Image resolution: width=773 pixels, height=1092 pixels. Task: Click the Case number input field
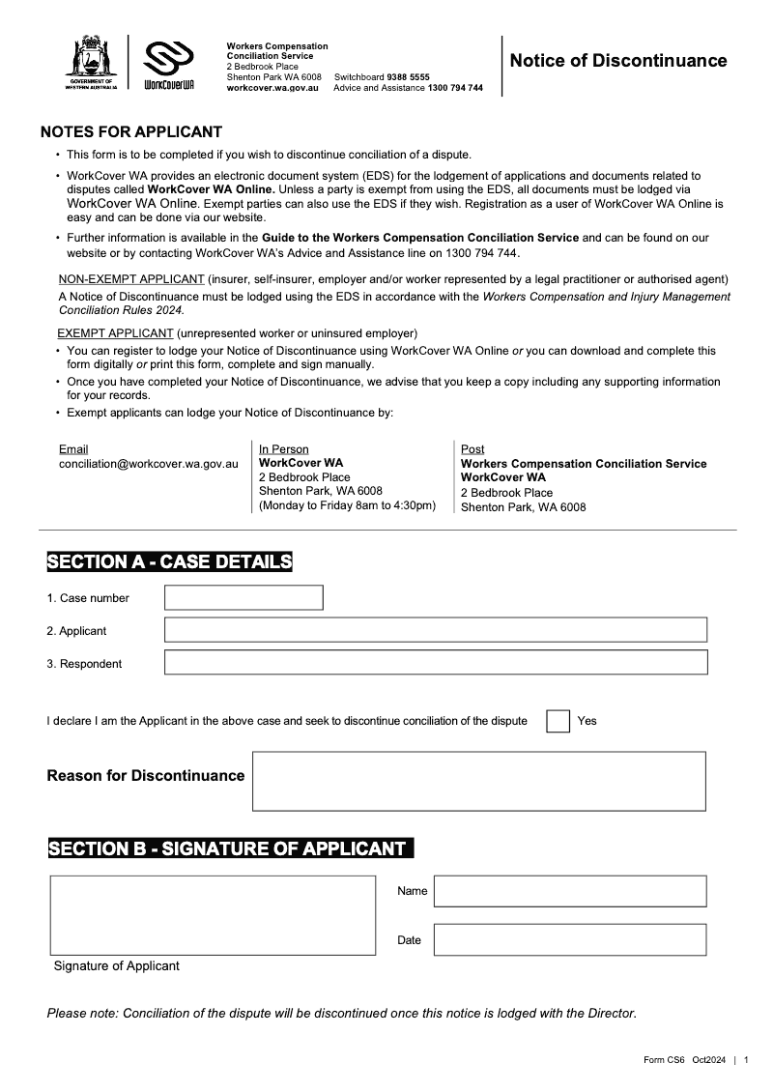[243, 597]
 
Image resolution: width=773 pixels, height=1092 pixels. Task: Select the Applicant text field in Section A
[435, 630]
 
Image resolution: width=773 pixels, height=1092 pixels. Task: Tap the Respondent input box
[435, 662]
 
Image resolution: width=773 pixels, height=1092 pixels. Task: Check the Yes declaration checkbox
[558, 721]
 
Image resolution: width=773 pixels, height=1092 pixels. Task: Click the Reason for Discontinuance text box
[478, 781]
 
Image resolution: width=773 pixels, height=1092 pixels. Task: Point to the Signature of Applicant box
[213, 914]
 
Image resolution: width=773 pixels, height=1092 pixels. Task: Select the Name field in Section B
[569, 891]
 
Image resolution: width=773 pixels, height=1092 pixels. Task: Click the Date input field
[569, 939]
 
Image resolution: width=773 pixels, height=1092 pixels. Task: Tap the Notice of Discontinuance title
[618, 61]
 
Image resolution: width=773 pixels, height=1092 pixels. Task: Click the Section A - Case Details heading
[169, 561]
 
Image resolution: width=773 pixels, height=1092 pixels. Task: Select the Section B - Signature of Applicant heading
[228, 848]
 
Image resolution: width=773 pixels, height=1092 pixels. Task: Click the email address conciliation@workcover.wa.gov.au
[148, 464]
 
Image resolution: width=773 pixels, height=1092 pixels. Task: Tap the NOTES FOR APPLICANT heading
[131, 132]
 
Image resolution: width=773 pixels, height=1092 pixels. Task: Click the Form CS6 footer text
[664, 1060]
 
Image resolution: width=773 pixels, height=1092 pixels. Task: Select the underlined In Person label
[284, 449]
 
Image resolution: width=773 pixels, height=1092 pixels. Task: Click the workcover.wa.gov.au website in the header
[272, 88]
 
